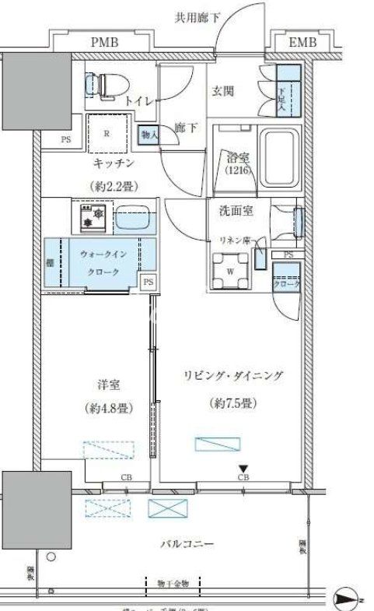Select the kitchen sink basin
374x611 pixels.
pyautogui.click(x=135, y=217)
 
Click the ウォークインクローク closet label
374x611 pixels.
pyautogui.click(x=103, y=262)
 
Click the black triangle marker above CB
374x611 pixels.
pyautogui.click(x=243, y=467)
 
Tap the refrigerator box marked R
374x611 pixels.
pyautogui.click(x=107, y=135)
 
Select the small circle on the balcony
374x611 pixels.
pyautogui.click(x=51, y=557)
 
